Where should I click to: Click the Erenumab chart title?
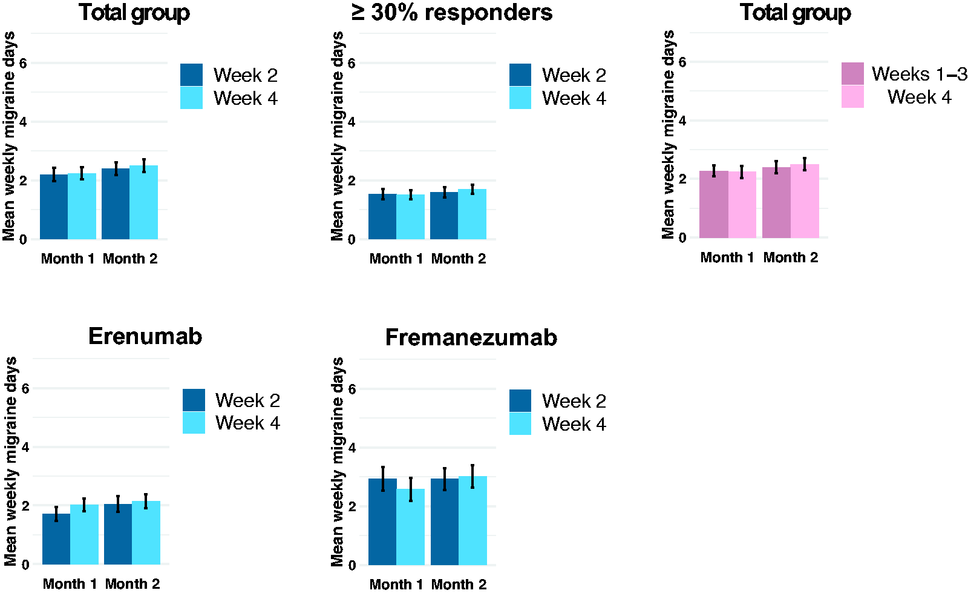coord(145,337)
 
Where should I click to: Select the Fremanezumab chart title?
coord(471,337)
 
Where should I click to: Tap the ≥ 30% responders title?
coord(452,13)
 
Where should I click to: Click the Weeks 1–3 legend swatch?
coord(852,73)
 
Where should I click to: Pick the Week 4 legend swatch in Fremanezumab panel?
coord(520,423)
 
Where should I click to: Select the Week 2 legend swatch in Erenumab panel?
coord(194,400)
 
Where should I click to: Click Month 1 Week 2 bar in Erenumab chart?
coord(56,539)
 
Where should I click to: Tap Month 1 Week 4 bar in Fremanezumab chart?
coord(411,527)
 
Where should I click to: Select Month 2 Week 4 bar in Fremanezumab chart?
coord(473,520)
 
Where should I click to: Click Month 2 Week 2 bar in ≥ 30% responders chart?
coord(444,216)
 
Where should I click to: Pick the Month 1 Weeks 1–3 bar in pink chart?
coord(714,204)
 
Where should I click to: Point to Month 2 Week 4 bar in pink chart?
coord(805,201)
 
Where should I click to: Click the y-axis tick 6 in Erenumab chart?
coord(25,388)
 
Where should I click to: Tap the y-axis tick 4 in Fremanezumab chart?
coord(352,448)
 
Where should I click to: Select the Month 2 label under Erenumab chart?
coord(132,584)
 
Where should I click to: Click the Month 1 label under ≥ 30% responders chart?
coord(396,259)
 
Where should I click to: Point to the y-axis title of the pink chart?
coord(668,134)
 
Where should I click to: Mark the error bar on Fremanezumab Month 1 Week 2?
coord(383,479)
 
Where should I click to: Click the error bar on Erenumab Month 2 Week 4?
coord(146,502)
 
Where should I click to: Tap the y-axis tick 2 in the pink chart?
coord(682,179)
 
